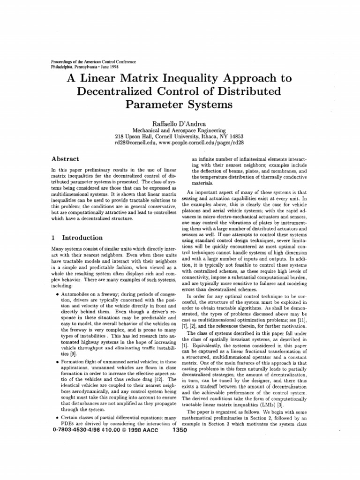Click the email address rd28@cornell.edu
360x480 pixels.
[135, 142]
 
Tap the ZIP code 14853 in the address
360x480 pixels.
[235, 135]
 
